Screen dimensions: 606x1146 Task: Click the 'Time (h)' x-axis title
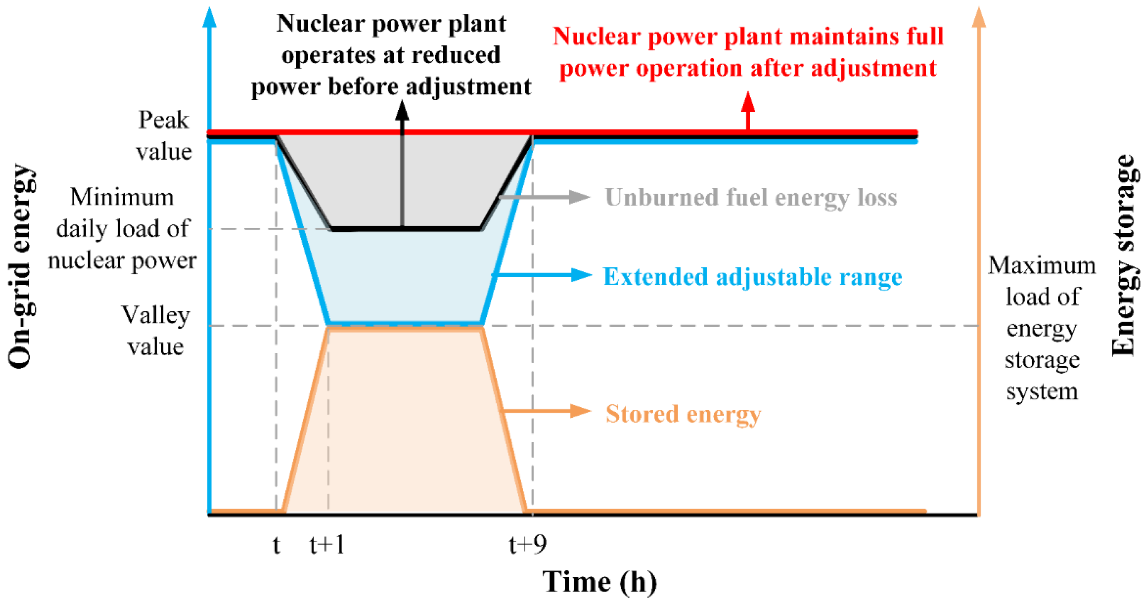(x=599, y=582)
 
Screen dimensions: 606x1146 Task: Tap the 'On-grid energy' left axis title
(x=20, y=266)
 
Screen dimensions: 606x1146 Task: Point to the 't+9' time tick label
(x=528, y=544)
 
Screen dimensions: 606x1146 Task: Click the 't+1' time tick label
(x=327, y=544)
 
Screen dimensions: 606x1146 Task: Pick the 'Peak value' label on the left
(x=164, y=135)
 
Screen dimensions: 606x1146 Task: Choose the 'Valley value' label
(x=156, y=330)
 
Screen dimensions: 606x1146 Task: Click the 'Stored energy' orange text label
(x=683, y=414)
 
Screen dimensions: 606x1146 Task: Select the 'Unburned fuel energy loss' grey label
(x=751, y=197)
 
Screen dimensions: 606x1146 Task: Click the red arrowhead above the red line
(x=748, y=103)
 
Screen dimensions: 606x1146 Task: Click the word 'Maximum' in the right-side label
(x=1042, y=266)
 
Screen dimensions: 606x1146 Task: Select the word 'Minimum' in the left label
(x=122, y=197)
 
